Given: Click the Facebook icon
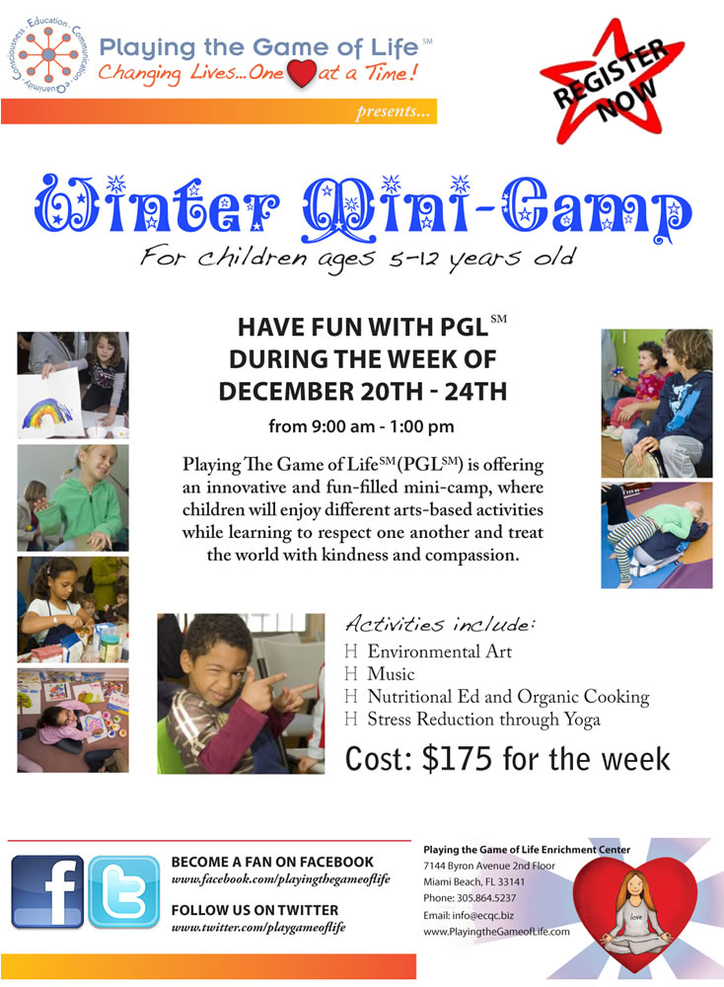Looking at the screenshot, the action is [x=47, y=891].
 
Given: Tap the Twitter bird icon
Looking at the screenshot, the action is [x=124, y=891].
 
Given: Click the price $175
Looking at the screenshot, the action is [x=457, y=758].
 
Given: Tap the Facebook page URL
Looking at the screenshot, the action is [x=280, y=879].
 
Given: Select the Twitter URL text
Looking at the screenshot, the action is [x=258, y=927].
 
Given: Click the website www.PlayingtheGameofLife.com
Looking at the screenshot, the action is [x=496, y=931].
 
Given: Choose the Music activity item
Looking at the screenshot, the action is [x=391, y=673].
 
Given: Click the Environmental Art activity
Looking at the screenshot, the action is [x=440, y=650].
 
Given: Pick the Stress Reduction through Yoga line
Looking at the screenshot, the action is [x=483, y=720].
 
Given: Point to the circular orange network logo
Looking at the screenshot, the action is [x=48, y=55].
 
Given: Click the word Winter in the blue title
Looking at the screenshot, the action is [x=156, y=207].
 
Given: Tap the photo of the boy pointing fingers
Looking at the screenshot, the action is [x=241, y=693].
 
